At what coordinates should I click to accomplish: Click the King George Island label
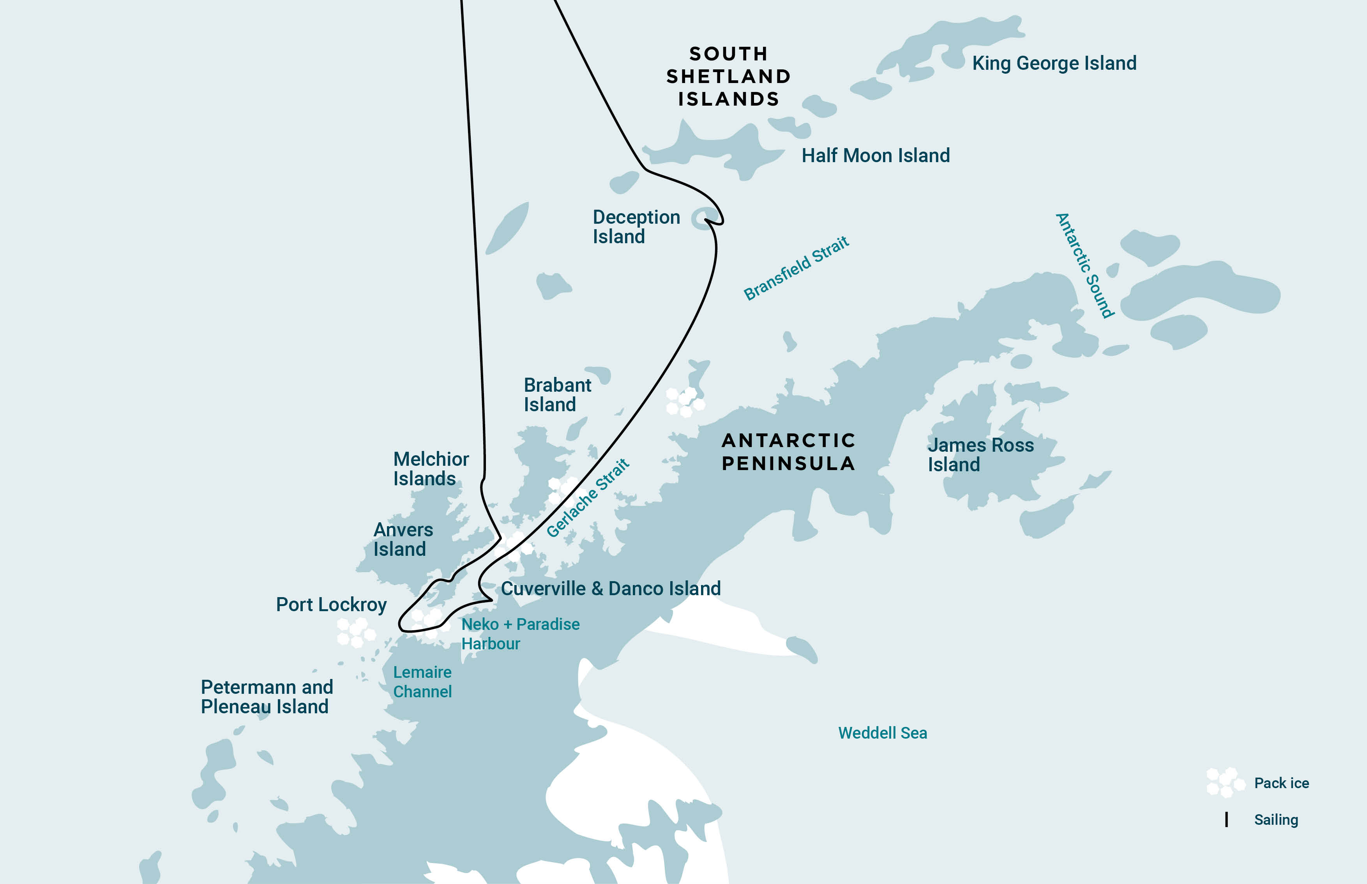(1054, 63)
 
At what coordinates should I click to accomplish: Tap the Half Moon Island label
(875, 156)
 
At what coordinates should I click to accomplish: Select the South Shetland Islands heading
(728, 76)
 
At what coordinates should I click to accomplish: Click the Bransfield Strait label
(796, 268)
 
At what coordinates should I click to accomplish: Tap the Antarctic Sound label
(1084, 265)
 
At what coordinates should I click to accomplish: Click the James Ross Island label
(980, 454)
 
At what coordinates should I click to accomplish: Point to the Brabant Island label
(557, 395)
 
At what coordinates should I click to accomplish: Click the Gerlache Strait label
(588, 498)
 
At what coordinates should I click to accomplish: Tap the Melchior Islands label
(431, 469)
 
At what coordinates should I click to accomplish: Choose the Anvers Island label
(402, 539)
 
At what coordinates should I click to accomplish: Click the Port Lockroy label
(331, 605)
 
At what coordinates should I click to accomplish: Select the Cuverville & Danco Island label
(611, 589)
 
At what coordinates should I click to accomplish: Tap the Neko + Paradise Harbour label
(519, 634)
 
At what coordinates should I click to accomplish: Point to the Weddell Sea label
(882, 733)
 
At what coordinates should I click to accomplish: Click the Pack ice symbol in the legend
(1225, 782)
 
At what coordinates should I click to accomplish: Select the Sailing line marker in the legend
(1226, 820)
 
